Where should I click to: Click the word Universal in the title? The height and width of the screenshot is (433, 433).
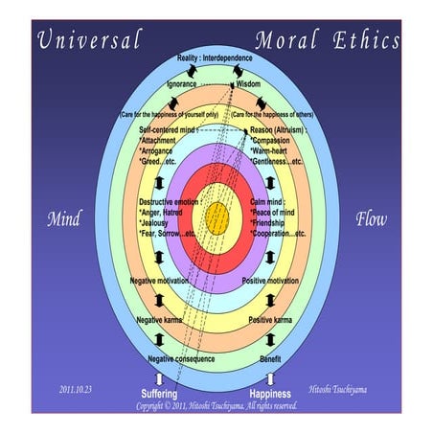click(x=90, y=40)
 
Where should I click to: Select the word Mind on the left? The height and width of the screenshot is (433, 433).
click(x=63, y=219)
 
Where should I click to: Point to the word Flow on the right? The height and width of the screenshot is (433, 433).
click(x=370, y=219)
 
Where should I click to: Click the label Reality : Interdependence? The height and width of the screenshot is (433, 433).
click(x=217, y=59)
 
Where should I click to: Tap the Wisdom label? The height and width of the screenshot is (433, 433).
click(x=248, y=83)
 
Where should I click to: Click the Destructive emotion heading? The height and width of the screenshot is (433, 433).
click(x=172, y=203)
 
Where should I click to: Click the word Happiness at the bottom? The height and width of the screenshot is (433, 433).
click(x=269, y=394)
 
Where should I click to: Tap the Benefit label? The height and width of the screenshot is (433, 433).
click(x=270, y=358)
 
